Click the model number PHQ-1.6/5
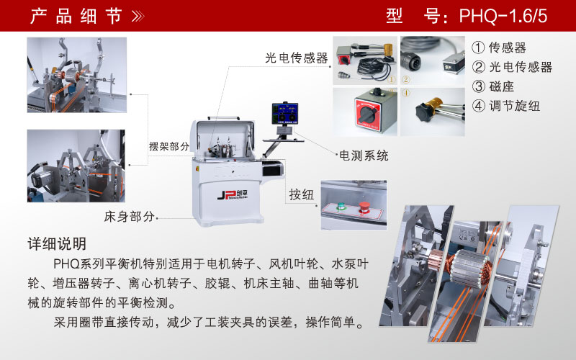503,16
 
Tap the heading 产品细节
76,16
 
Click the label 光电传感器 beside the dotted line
297,58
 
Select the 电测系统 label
364,156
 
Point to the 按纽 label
301,194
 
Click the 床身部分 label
129,217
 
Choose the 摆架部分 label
169,146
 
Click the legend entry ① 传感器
499,48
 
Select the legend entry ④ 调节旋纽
506,106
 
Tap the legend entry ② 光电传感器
512,67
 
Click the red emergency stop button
364,207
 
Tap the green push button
341,207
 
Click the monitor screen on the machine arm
284,114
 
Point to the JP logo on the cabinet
233,194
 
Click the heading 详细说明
57,244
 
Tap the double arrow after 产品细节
138,16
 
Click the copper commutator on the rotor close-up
436,258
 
